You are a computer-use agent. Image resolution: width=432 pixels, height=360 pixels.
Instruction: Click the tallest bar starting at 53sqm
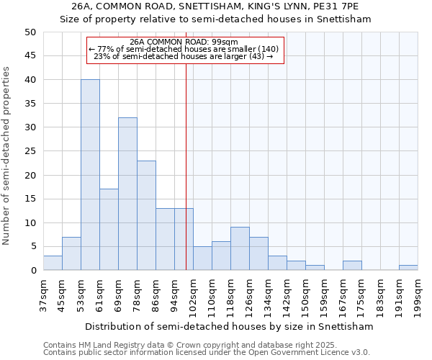[x=90, y=175]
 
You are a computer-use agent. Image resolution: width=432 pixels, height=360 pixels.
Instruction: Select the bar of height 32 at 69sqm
[x=127, y=194]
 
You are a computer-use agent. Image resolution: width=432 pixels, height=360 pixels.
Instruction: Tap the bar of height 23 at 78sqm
[x=146, y=215]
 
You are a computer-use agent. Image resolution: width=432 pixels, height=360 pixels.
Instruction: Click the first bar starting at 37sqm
[x=53, y=263]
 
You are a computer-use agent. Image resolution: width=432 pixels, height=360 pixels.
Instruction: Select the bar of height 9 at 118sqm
[x=240, y=248]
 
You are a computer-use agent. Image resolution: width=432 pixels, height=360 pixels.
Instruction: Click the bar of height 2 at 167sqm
[x=352, y=266]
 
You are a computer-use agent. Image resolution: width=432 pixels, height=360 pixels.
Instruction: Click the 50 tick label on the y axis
[x=30, y=32]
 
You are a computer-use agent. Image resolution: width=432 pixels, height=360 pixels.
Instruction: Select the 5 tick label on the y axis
[x=32, y=246]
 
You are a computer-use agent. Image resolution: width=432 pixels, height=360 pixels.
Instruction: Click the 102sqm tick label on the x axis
[x=193, y=294]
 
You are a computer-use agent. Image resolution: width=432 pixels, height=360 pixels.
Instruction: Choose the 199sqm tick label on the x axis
[x=418, y=294]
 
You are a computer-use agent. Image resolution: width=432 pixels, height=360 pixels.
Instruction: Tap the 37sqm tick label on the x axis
[x=43, y=293]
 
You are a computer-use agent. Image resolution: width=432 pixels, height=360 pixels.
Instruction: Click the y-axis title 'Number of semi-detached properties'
[x=7, y=156]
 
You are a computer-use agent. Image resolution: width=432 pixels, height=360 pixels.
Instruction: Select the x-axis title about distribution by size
[x=229, y=326]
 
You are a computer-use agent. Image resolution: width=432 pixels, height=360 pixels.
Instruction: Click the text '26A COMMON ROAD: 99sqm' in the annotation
[x=184, y=42]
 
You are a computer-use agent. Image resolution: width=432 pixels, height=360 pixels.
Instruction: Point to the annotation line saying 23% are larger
[x=184, y=56]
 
